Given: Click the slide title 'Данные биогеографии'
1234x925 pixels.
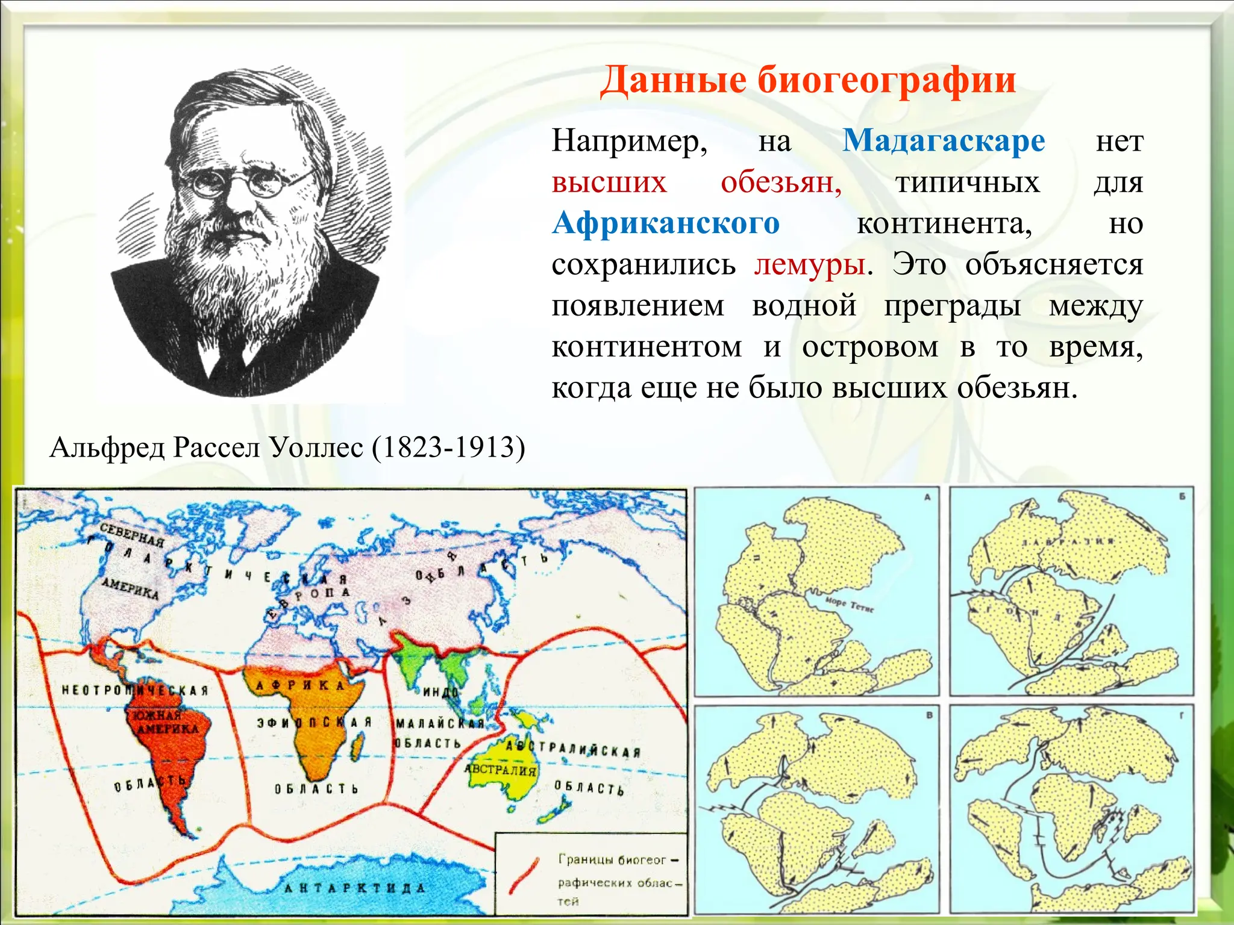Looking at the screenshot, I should point(808,80).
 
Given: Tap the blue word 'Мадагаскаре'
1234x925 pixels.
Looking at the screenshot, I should point(944,142).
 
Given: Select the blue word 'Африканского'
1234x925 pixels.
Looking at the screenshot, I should point(666,223).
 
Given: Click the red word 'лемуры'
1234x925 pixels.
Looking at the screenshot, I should point(809,264).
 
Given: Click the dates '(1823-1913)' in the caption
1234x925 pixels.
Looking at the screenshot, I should point(448,447).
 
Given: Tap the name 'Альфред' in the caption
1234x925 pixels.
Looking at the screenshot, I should point(107,447).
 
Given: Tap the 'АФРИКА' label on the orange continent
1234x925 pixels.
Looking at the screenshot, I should point(299,685).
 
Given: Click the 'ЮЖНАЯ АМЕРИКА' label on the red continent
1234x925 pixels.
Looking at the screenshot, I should point(163,722).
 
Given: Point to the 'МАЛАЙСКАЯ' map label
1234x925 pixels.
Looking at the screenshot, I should point(440,723).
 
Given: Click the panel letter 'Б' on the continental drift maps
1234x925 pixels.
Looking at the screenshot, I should point(1182,497).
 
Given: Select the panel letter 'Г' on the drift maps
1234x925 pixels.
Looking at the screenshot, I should point(1182,715).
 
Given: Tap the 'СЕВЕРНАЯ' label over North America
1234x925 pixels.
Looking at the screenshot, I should point(132,535).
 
